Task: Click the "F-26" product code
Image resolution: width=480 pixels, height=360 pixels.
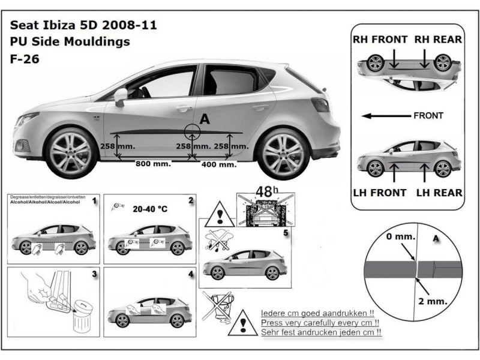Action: pyautogui.click(x=22, y=60)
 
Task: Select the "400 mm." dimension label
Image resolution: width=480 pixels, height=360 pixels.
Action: pyautogui.click(x=219, y=164)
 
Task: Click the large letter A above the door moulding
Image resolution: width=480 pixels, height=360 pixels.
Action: pyautogui.click(x=204, y=119)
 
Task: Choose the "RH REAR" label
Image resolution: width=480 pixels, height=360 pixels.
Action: pyautogui.click(x=438, y=40)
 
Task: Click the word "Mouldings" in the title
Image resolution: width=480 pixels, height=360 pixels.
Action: pyautogui.click(x=100, y=43)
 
